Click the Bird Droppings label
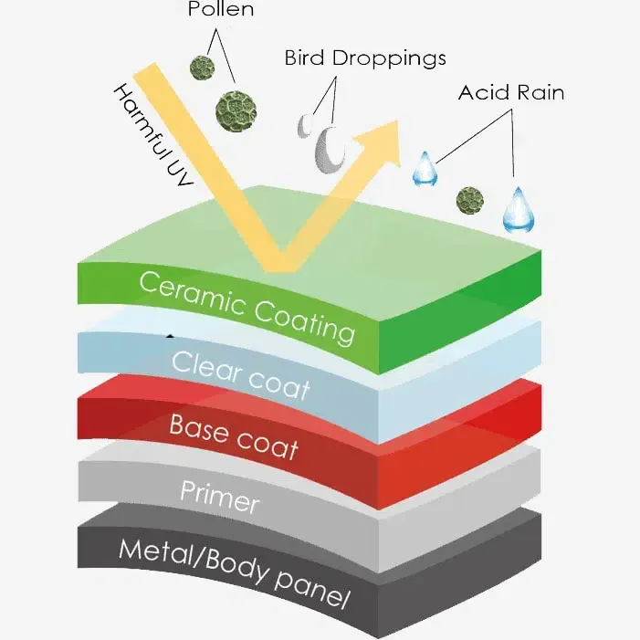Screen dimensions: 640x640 coord(365,58)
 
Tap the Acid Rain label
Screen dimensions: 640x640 coord(511,93)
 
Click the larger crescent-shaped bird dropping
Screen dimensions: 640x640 coord(328,148)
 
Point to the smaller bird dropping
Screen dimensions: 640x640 coord(305,124)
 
